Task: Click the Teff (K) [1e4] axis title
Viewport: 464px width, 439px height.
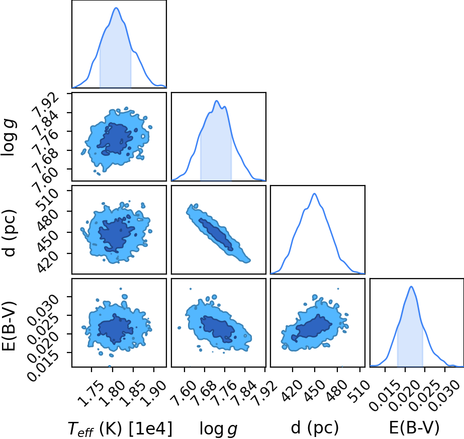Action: coord(120,428)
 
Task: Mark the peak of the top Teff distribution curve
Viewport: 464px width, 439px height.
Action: coord(116,8)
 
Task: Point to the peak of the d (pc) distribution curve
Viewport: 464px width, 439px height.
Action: coord(314,194)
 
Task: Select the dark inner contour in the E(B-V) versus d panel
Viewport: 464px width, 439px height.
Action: coord(311,328)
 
